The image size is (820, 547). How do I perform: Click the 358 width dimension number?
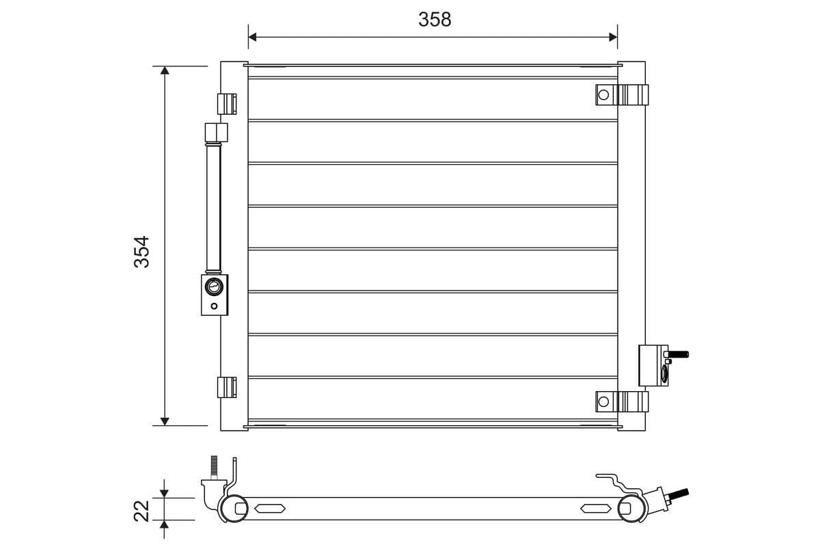(435, 20)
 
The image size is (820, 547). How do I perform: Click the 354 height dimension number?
(141, 251)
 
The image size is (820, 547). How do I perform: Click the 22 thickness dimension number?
(141, 510)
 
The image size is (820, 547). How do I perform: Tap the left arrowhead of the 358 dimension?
(252, 36)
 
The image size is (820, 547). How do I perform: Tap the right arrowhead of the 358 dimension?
(613, 36)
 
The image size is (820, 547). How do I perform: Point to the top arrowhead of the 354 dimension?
(165, 72)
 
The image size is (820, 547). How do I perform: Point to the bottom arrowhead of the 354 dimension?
(165, 420)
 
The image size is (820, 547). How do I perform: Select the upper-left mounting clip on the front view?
(227, 103)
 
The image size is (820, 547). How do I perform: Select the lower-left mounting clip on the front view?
(227, 387)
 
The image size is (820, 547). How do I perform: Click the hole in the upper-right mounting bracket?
(603, 94)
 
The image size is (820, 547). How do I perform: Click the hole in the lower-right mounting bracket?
(603, 401)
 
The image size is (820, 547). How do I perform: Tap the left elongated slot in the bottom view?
(270, 508)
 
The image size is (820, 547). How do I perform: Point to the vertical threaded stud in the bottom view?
(214, 468)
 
